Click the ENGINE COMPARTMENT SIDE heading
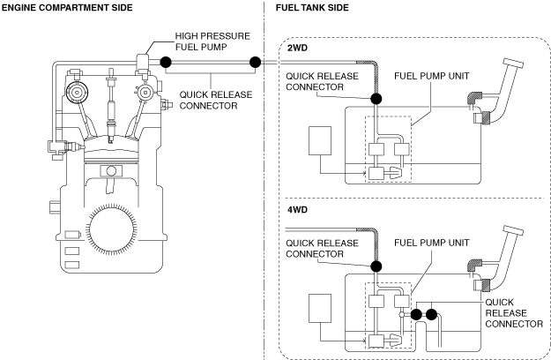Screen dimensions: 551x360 (67, 8)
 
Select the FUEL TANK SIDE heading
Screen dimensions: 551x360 (312, 8)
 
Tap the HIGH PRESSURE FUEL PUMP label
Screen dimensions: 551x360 (212, 41)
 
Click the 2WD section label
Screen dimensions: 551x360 (297, 48)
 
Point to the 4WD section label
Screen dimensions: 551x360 (297, 210)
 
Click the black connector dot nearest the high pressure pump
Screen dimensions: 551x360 (166, 63)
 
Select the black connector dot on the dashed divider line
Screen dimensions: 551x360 (255, 63)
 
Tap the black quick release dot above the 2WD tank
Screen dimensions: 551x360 (376, 99)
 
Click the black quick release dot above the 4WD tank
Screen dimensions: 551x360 (376, 266)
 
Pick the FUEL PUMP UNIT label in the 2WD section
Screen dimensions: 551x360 (431, 76)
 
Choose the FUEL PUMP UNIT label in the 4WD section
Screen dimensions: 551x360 (431, 243)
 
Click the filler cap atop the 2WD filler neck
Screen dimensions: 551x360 (513, 64)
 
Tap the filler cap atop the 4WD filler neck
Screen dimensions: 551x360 (513, 230)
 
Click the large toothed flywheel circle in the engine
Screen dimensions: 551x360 (111, 229)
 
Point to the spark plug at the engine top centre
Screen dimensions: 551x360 (111, 106)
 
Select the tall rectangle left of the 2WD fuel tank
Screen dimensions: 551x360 (320, 140)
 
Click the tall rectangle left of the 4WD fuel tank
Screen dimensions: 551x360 (320, 308)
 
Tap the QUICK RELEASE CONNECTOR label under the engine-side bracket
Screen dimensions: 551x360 (216, 101)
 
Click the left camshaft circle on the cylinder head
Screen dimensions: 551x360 (77, 92)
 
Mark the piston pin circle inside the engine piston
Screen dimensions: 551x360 (111, 171)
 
